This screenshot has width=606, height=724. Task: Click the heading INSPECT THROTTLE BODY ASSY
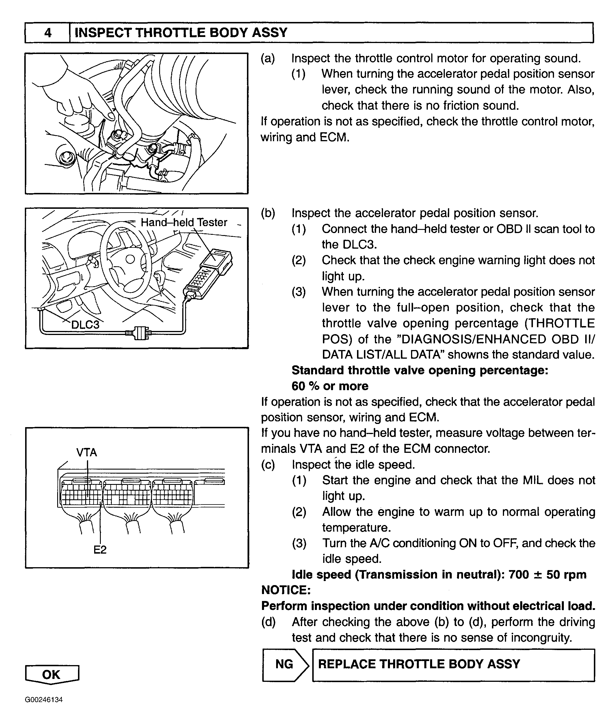click(x=181, y=33)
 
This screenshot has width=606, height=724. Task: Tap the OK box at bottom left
click(x=52, y=674)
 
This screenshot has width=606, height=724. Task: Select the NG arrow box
click(x=285, y=664)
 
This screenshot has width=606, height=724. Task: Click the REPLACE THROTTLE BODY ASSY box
click(x=453, y=664)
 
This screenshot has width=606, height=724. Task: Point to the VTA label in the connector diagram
click(x=87, y=452)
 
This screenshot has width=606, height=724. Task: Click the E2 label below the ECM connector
click(x=100, y=550)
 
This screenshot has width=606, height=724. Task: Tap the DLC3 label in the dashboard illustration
click(x=85, y=324)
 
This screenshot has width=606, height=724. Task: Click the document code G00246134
click(x=44, y=700)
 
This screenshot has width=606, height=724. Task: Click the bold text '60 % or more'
click(x=330, y=386)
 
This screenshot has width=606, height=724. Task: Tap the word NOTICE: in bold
click(x=286, y=590)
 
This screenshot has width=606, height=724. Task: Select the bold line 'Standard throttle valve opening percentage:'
click(x=420, y=370)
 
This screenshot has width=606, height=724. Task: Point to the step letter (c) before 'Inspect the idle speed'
click(x=268, y=465)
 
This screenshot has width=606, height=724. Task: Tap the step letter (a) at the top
click(x=268, y=59)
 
